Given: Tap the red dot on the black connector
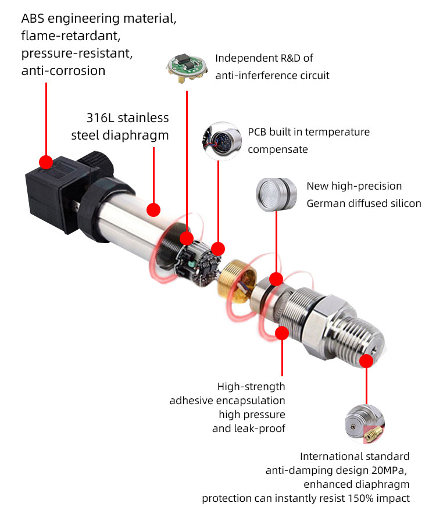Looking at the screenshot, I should [45, 161].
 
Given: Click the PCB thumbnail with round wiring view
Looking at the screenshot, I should [221, 140].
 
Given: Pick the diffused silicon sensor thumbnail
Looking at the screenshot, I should [276, 194].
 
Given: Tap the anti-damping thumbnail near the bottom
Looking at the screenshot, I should [364, 424].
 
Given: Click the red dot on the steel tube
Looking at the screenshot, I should [153, 209].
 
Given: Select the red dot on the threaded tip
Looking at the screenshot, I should [366, 361].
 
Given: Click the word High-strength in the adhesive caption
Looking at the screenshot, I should [251, 387].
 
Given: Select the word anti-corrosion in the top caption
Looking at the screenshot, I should [63, 71].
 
